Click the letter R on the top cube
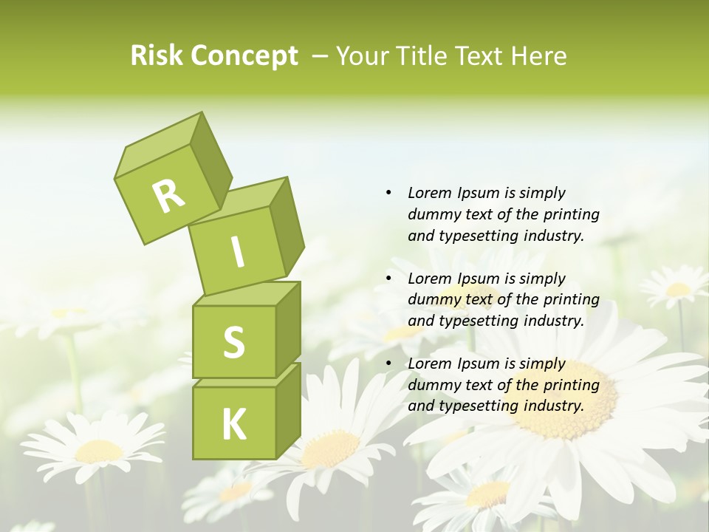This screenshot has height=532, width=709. (169, 196)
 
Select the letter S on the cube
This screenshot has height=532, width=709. (233, 343)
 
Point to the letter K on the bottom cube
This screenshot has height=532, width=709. (233, 425)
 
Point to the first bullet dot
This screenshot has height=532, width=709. (388, 193)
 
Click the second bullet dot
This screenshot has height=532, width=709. (388, 279)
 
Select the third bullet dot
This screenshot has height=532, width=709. (388, 364)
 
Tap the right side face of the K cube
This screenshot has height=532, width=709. (288, 410)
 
